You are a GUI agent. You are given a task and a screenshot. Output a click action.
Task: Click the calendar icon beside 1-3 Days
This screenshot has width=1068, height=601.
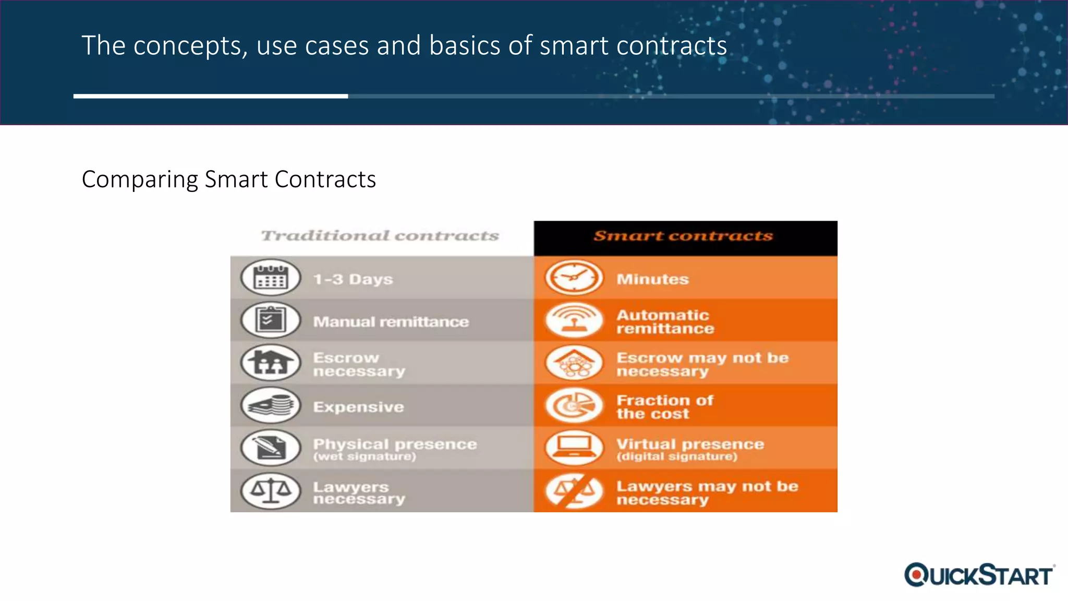[271, 278]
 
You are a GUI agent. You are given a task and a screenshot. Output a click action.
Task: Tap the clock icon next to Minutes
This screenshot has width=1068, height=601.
[574, 278]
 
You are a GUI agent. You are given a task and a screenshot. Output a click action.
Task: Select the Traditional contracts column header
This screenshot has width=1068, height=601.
[380, 236]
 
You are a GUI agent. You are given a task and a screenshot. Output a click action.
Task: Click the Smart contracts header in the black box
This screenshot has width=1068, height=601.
[683, 236]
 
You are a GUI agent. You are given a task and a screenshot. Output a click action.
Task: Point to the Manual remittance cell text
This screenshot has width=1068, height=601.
[391, 322]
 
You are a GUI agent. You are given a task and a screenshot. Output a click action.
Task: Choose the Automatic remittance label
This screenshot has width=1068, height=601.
[665, 322]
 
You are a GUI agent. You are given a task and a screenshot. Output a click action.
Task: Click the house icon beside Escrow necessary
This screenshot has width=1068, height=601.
[271, 363]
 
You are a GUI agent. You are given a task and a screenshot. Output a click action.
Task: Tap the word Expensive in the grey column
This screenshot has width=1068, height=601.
[358, 407]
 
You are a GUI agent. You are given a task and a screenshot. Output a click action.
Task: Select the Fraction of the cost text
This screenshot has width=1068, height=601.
[664, 407]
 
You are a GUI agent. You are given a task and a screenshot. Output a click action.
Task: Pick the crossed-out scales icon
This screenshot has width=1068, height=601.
[574, 491]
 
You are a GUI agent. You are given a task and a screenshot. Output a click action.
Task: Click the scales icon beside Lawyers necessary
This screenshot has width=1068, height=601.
[271, 491]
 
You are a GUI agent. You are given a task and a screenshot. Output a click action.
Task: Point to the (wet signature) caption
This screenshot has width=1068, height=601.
[365, 457]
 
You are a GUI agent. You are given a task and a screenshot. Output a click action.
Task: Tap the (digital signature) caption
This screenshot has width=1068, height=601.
[677, 457]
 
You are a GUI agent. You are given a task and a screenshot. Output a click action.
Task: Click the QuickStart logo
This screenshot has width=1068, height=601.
[979, 575]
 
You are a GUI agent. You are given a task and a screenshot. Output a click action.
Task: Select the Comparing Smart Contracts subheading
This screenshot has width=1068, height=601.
[228, 179]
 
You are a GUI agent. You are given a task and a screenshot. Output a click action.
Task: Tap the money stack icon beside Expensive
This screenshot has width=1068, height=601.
[271, 405]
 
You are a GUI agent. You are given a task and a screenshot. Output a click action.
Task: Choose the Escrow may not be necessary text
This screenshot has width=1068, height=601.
[702, 364]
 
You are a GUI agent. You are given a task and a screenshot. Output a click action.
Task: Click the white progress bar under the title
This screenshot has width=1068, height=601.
[210, 96]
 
